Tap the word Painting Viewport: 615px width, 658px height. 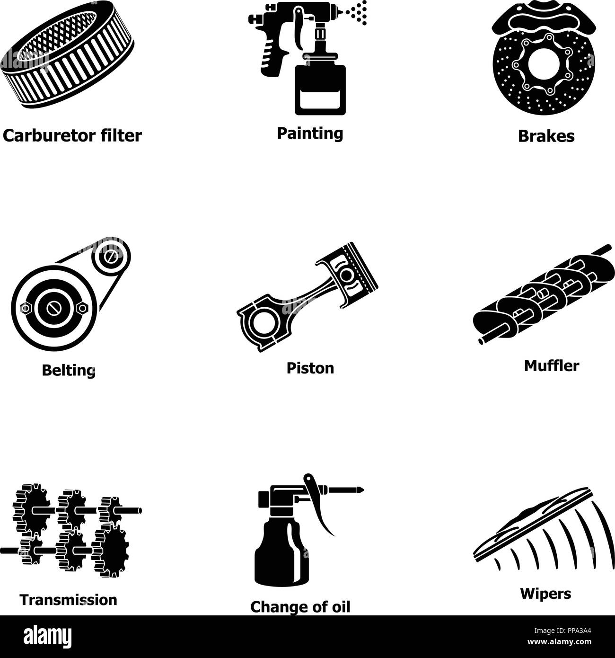click(310, 133)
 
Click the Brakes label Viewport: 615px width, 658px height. click(546, 136)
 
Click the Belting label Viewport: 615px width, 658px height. click(69, 370)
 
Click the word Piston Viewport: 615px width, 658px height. click(310, 368)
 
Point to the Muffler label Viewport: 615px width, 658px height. click(551, 365)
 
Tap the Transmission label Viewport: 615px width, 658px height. click(68, 600)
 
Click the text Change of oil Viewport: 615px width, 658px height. click(300, 606)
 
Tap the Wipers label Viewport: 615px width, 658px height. click(545, 593)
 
